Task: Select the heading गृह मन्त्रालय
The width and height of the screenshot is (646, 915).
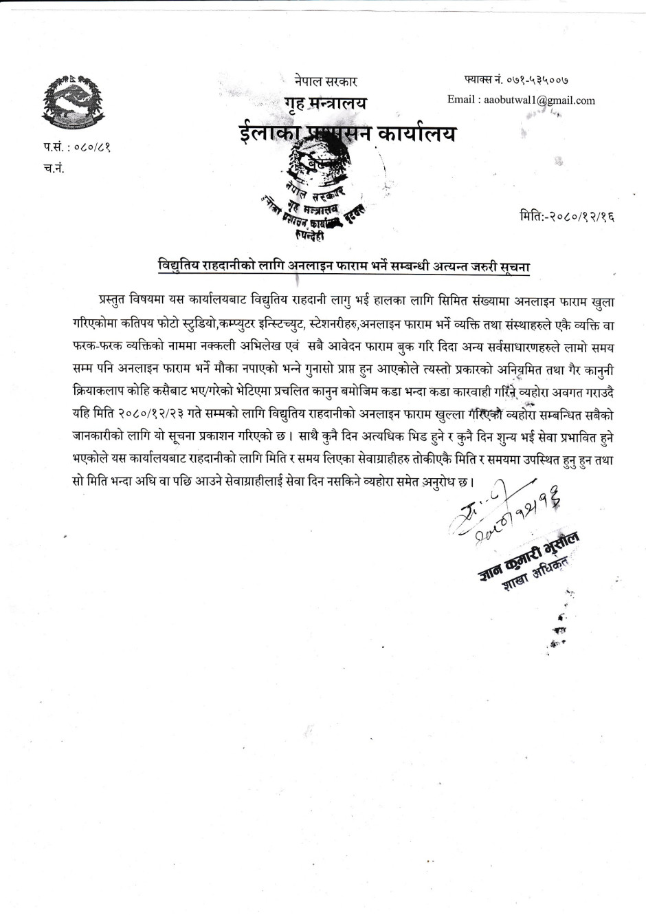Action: click(326, 104)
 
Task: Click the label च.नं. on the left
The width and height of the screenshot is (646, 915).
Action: click(53, 169)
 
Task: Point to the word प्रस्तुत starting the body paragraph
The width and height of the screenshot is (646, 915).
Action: click(118, 301)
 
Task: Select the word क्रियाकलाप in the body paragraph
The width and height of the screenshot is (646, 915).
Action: click(70, 397)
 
